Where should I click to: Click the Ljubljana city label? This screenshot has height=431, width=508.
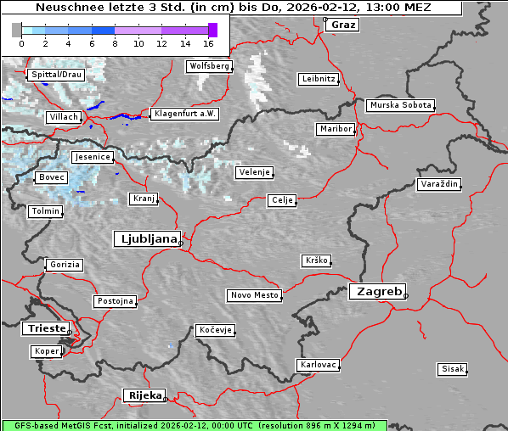point(146,238)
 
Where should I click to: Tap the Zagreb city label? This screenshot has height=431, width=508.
point(376,291)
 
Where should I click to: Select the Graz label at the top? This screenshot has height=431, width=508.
point(343,25)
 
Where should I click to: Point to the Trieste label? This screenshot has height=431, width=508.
point(42,328)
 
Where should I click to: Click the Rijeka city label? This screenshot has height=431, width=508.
point(144,395)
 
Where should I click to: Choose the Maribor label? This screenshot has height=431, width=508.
point(335,129)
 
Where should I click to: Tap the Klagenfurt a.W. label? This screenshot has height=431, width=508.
point(184,114)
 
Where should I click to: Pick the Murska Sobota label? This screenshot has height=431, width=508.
point(400,105)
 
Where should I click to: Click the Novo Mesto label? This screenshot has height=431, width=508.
point(254,295)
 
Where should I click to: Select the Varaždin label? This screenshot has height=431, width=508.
point(439,184)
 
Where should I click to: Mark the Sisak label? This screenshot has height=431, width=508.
point(452,369)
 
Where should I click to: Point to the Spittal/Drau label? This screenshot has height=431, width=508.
point(56,75)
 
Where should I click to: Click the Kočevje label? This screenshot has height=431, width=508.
point(215,330)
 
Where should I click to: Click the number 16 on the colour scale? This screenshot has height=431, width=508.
point(209,42)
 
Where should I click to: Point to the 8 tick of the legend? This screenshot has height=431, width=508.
point(115,42)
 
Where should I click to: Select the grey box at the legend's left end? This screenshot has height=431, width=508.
point(17,30)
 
